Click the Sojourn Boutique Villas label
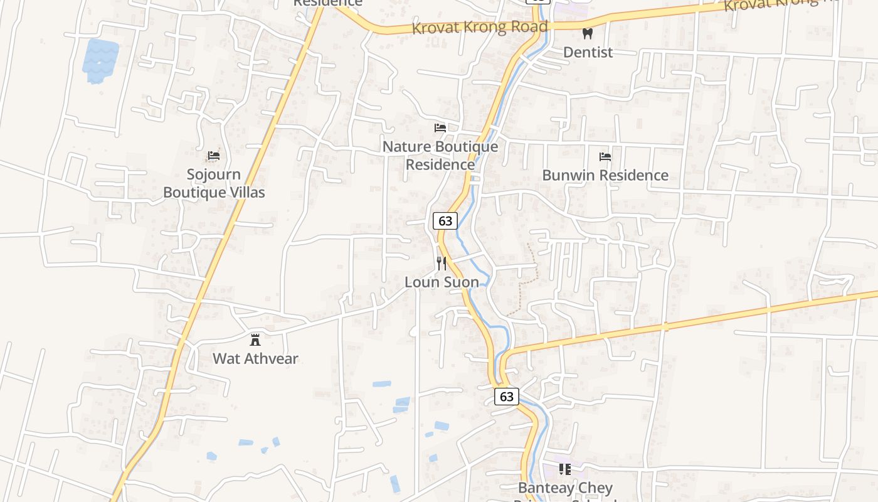point(214,183)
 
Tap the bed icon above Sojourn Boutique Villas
point(214,155)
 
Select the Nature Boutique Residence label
point(440,155)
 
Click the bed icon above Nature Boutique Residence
point(440,128)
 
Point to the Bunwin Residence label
point(605,175)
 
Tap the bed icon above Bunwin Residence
point(605,156)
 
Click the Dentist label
point(588,52)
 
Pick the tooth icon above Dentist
point(588,33)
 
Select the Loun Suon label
point(442,282)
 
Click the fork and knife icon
point(442,263)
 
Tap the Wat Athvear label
point(255,359)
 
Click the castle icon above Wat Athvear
point(255,340)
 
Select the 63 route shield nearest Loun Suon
point(445,221)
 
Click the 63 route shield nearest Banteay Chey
point(507,397)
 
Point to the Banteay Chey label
point(565,488)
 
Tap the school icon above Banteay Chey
point(565,469)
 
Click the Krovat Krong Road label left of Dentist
point(480,28)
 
